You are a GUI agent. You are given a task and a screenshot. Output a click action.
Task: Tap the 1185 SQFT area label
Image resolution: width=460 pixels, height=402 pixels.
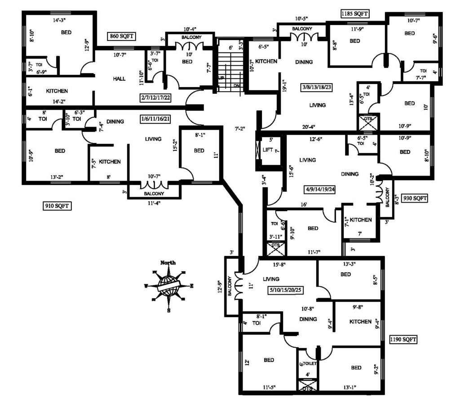coord(355,14)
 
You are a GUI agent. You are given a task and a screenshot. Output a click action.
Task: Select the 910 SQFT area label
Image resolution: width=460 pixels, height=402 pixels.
coord(57,206)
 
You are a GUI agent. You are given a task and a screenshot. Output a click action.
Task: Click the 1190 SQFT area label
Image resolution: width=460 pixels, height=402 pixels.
coord(403,340)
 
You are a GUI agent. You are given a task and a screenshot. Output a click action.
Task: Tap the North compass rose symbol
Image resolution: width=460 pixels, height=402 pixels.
coord(168,285)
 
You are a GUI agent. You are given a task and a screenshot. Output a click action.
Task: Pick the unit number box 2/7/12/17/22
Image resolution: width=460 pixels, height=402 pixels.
coord(156,97)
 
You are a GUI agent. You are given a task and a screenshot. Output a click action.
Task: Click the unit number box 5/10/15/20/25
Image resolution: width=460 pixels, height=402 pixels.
coord(285,290)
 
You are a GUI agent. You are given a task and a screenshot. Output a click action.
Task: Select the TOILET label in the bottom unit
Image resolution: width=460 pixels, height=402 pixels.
coord(311,363)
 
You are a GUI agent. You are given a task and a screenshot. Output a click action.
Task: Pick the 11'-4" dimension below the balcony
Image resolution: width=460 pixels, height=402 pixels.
coord(154,203)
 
